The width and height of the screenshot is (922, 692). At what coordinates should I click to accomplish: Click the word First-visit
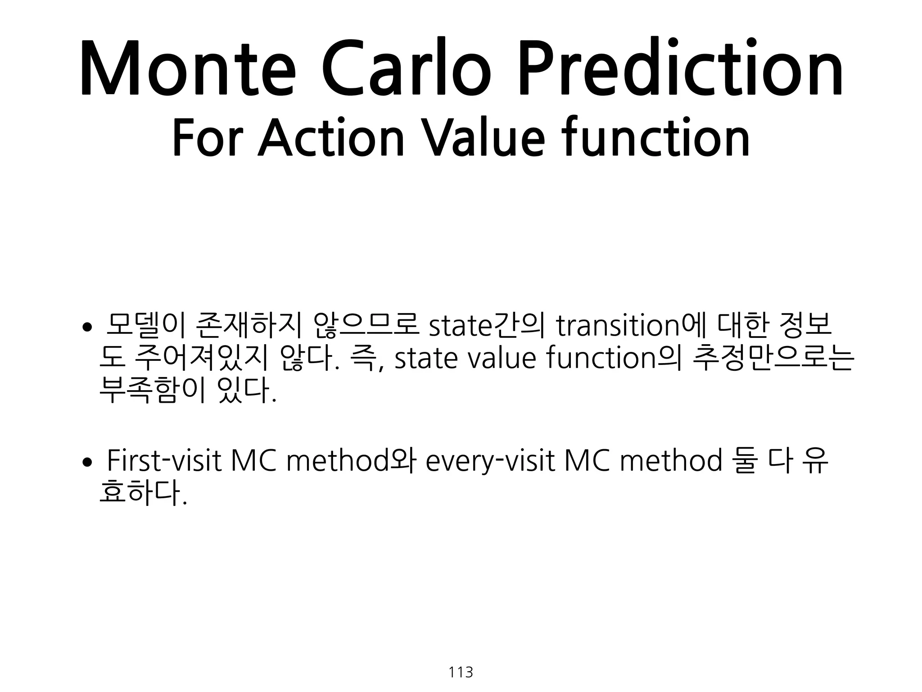point(164,461)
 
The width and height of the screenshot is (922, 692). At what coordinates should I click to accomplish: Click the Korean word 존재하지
point(249,325)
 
